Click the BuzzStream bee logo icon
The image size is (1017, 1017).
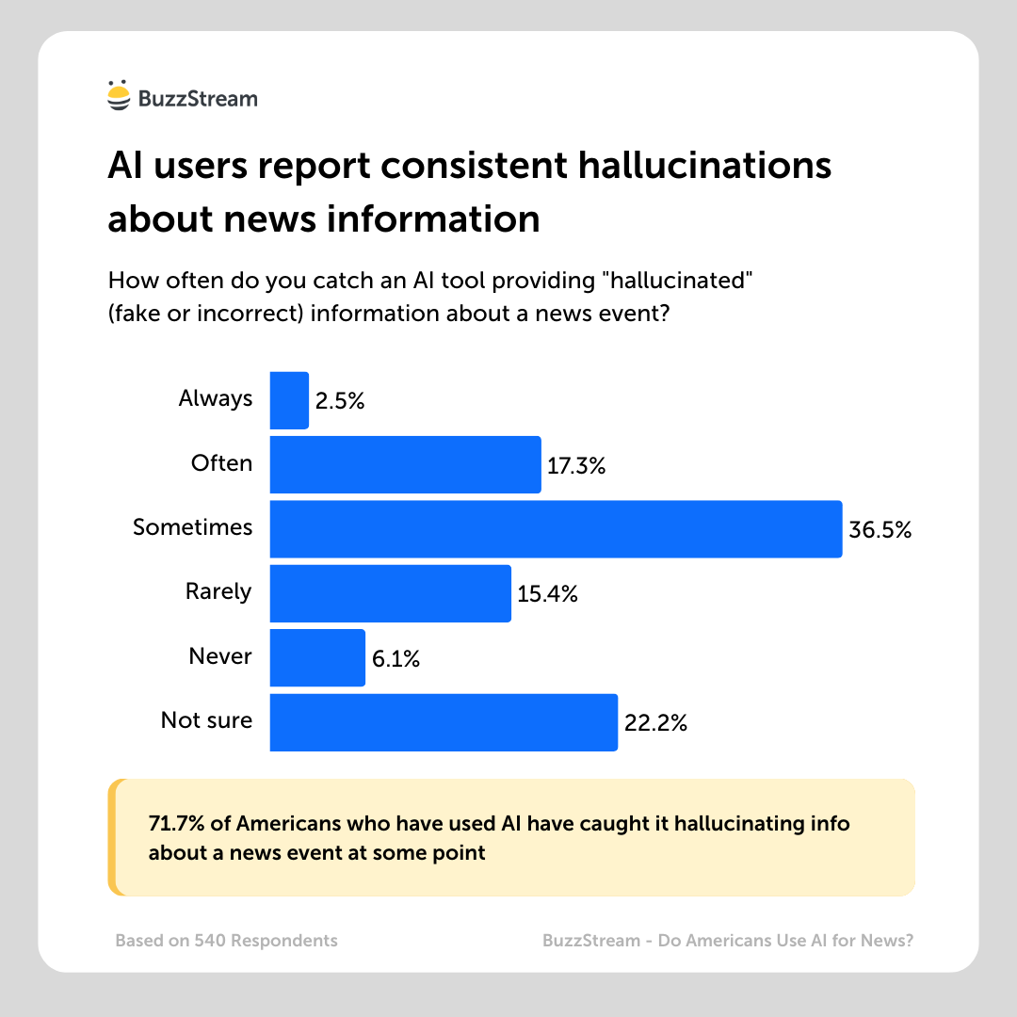119,96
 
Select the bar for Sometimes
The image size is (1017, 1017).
556,529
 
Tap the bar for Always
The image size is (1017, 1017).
289,400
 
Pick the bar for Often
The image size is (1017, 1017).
405,464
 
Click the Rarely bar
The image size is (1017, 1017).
390,593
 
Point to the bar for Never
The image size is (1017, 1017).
317,657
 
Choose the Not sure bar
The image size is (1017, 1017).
444,722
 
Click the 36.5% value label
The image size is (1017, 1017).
880,530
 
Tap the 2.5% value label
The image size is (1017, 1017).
340,401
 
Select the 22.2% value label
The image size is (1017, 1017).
655,723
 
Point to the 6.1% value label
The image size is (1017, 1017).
395,658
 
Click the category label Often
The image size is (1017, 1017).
221,463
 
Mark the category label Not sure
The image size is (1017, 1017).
206,720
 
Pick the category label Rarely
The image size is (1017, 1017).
218,591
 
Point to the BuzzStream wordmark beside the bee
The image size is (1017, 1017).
198,98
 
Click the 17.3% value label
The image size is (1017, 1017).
576,465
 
